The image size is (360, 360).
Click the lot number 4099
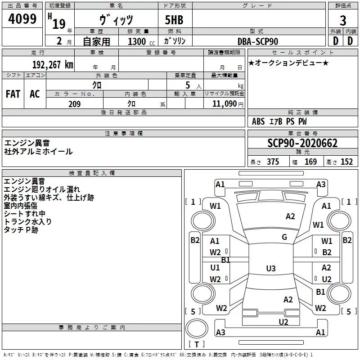tap(22, 18)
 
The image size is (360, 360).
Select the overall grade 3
tap(343, 21)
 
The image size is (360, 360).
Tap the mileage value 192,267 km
tap(53, 64)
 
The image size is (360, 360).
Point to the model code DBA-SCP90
tap(257, 41)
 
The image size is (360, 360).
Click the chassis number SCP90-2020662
tap(302, 143)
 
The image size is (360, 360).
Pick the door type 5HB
tap(174, 20)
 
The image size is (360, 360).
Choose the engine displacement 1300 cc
tap(141, 41)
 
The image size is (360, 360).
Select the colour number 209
tap(74, 104)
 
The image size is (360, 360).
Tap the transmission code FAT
tap(13, 94)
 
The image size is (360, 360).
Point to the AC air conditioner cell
tap(35, 94)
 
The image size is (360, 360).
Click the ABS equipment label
tap(258, 121)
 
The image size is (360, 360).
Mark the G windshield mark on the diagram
tap(284, 237)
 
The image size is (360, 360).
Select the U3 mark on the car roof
tap(271, 268)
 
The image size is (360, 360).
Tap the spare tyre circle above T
tap(197, 328)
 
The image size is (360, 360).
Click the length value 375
tap(273, 162)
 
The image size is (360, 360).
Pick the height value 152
tap(346, 162)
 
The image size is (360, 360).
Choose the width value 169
tap(310, 162)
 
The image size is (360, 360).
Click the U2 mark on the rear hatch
tap(283, 322)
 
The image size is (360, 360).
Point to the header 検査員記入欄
tap(92, 173)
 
